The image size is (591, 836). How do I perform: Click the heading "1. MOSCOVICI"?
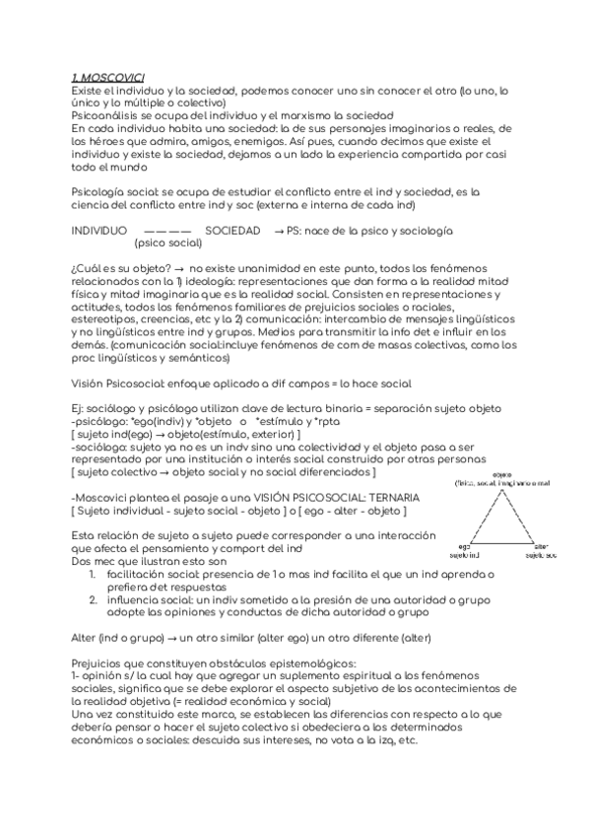(x=108, y=77)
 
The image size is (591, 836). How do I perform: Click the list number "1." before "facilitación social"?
(x=92, y=574)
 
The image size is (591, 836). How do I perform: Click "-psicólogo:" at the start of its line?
(x=100, y=421)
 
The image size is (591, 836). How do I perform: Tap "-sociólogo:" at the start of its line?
(x=101, y=447)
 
